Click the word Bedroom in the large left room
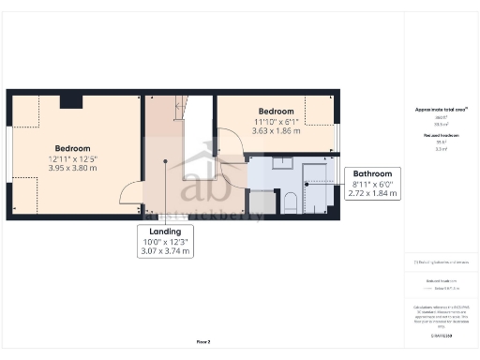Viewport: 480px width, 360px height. coord(72,148)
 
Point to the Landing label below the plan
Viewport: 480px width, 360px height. coord(165,231)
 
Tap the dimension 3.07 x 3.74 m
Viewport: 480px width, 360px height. coord(165,251)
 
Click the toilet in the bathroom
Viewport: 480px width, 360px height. coord(290,200)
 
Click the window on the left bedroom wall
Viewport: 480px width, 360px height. coord(8,155)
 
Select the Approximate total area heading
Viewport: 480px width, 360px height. coord(441,110)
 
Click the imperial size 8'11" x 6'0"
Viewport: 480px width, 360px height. coord(374,185)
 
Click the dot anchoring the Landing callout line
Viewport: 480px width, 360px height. coord(165,161)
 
